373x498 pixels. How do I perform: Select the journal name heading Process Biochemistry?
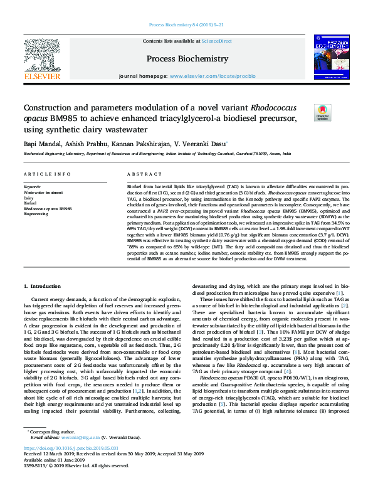pyautogui.click(x=187, y=58)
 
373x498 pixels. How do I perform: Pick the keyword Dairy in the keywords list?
pyautogui.click(x=29, y=198)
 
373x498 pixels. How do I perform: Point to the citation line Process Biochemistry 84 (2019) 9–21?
pyautogui.click(x=186, y=26)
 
